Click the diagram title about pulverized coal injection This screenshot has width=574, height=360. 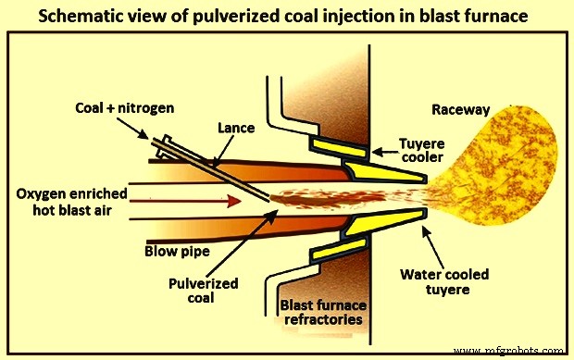286,17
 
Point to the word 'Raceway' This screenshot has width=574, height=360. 460,110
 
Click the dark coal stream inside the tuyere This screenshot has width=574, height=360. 315,199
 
